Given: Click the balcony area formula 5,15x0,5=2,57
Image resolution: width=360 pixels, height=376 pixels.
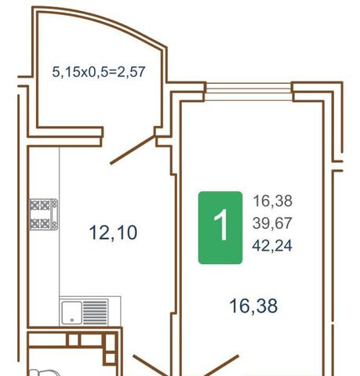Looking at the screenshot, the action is coord(99,72).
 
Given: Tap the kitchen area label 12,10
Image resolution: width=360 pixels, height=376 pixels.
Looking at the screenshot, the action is coord(113,233).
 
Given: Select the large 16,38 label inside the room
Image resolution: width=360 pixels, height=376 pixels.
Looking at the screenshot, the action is coord(253,306).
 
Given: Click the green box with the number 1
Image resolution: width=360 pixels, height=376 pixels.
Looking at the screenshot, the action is coord(220,228).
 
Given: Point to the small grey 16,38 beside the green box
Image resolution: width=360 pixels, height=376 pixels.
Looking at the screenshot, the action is coord(272,201).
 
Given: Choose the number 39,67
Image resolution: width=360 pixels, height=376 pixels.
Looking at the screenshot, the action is coord(272,223).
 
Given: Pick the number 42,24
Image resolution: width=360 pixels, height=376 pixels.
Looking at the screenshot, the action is coord(272,246).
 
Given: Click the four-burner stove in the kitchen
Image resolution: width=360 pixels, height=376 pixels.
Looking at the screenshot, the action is coord(44,215).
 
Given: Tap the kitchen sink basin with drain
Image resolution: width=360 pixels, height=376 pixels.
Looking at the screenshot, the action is coord(71,313).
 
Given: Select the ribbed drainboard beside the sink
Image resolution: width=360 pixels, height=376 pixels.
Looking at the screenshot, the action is coord(96,313).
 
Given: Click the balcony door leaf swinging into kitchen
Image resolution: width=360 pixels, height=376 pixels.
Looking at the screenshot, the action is coord(133,150).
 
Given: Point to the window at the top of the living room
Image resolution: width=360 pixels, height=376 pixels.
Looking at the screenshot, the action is coord(249,92).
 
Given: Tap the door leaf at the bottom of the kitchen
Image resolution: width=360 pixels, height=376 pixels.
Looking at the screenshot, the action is coord(151,365).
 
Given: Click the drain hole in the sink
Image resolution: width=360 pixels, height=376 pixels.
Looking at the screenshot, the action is coord(72,320).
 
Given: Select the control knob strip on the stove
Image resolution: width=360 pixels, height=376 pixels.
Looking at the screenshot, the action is coord(54,215).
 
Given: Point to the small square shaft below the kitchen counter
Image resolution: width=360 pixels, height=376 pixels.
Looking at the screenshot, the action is coord(74,340).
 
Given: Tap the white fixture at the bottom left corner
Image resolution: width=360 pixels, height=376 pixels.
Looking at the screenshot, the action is coord(44,373).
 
